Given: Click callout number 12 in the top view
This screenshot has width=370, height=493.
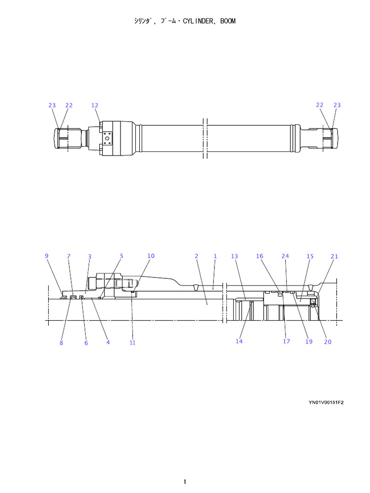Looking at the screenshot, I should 94,105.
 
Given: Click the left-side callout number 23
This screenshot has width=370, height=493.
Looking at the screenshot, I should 52,105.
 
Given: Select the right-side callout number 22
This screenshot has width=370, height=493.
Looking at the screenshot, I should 320,105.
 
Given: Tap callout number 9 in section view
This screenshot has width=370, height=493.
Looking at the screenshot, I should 47,256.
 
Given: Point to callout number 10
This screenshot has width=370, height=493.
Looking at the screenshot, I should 151,256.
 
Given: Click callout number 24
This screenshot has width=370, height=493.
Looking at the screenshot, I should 285,257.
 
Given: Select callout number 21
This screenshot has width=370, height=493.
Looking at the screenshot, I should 334,257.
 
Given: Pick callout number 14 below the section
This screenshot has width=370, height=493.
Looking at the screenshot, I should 239,341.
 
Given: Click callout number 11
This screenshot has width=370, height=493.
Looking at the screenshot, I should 132,343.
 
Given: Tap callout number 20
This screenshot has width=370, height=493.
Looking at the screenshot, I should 328,342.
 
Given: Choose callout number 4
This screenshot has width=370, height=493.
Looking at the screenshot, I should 108,342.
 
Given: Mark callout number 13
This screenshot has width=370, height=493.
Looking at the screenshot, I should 235,257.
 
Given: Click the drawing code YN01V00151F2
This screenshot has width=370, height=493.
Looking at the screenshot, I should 326,402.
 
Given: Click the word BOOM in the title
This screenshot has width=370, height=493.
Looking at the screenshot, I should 227,22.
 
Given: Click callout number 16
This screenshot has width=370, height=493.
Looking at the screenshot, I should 260,257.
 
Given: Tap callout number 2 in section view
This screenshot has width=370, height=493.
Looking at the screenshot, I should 197,257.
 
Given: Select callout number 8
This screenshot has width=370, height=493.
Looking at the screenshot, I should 61,343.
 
